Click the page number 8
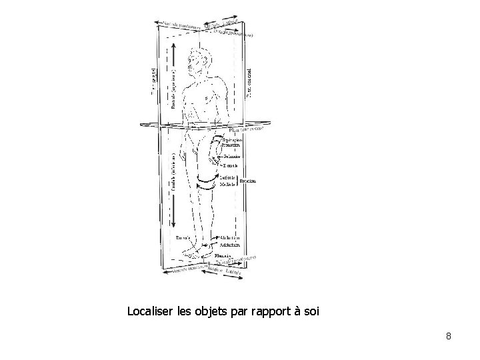(449, 336)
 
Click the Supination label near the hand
(233, 141)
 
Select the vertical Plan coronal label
(249, 80)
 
